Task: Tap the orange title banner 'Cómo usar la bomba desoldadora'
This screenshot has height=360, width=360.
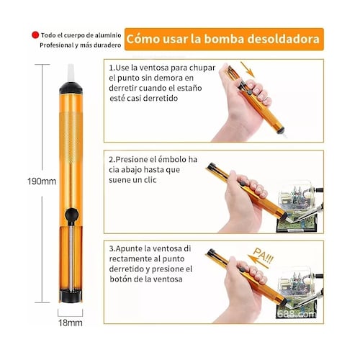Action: point(222,37)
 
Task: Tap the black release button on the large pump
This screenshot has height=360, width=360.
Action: point(71,215)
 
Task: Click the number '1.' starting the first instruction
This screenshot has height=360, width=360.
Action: point(113,67)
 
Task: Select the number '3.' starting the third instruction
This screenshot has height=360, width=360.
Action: point(113,248)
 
